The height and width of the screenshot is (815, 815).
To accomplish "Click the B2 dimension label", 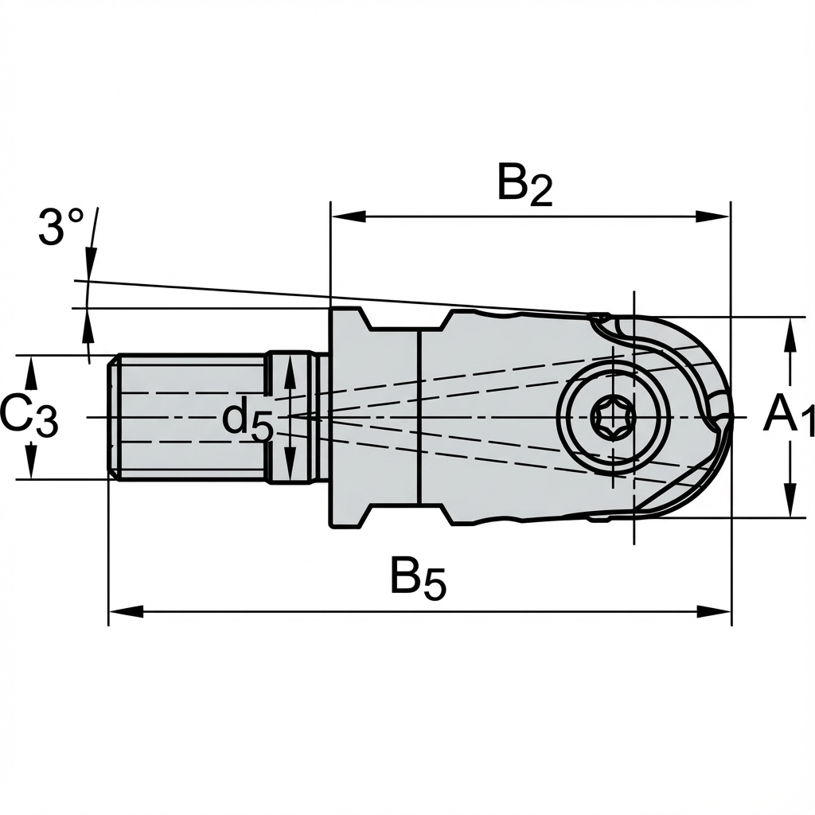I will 524,185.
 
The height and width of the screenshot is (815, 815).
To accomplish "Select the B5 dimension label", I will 417,579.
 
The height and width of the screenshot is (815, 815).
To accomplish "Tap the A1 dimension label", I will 789,416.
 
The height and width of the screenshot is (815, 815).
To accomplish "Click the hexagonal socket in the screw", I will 613,416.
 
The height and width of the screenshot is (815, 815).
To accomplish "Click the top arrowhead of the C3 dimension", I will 31,369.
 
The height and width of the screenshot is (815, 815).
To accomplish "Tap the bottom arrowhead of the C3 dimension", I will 31,465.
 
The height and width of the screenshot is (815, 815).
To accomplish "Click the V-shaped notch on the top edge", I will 405,320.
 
